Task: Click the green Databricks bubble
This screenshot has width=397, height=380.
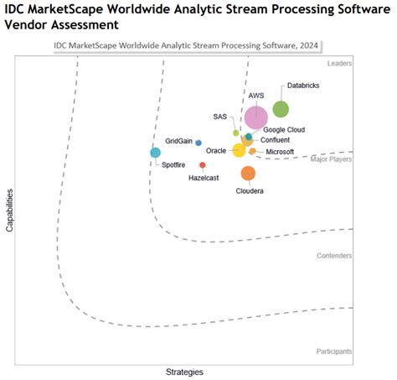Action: pos(281,109)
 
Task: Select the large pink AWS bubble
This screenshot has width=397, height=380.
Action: pos(256,118)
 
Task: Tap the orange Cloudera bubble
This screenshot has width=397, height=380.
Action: pos(248,174)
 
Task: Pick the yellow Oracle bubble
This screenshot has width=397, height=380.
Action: pos(239,150)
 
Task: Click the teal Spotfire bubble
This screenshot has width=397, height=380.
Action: pos(155,153)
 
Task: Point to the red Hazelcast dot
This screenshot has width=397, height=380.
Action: pos(203,165)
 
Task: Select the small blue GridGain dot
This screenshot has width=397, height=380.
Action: pos(198,143)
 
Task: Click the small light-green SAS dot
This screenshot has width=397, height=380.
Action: pos(236,133)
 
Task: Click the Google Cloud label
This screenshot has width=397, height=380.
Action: pos(284,129)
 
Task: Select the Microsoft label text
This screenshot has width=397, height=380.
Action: pos(280,152)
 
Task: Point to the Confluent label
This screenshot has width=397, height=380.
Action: pos(276,140)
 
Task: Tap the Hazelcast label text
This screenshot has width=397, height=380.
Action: pos(204,178)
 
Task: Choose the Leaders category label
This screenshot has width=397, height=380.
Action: pos(338,63)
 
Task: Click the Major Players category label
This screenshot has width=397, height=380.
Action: pos(331,159)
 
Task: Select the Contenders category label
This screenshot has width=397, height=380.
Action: pos(334,255)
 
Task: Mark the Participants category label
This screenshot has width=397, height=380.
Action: pos(333,351)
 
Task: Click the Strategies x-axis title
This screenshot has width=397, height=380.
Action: pos(184,371)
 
